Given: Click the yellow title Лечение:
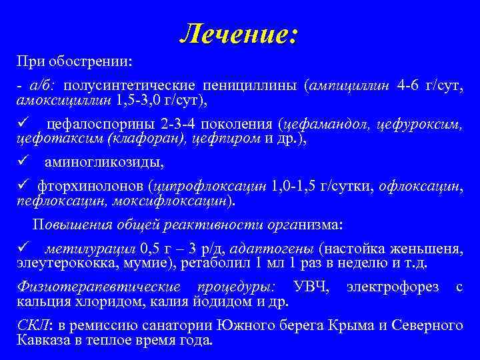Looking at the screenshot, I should [x=239, y=34].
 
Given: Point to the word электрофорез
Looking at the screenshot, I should [x=393, y=287].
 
